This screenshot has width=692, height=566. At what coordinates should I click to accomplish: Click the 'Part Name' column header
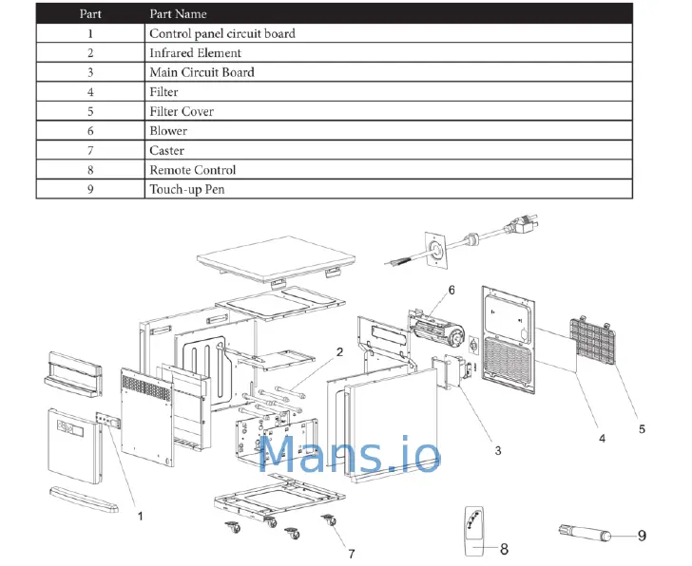tap(179, 14)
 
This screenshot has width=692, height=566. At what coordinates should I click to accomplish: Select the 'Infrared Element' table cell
tap(196, 53)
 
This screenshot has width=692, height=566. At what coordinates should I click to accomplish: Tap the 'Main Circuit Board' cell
tap(202, 72)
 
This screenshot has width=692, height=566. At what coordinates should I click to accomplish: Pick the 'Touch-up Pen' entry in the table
tap(187, 189)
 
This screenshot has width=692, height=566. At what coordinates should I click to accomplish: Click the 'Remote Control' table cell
tap(193, 170)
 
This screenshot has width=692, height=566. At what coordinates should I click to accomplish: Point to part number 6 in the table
tap(90, 131)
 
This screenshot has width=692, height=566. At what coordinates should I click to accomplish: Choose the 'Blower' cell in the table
tap(168, 131)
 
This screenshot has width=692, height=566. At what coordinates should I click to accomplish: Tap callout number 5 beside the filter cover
tap(641, 429)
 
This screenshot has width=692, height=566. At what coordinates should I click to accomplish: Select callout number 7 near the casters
tap(351, 554)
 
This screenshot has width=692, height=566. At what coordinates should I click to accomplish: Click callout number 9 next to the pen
tap(642, 536)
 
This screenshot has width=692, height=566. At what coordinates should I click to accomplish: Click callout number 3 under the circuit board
tap(496, 451)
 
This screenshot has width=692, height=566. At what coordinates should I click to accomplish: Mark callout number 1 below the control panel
tap(140, 517)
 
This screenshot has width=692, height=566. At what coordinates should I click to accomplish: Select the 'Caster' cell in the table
tap(167, 150)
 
